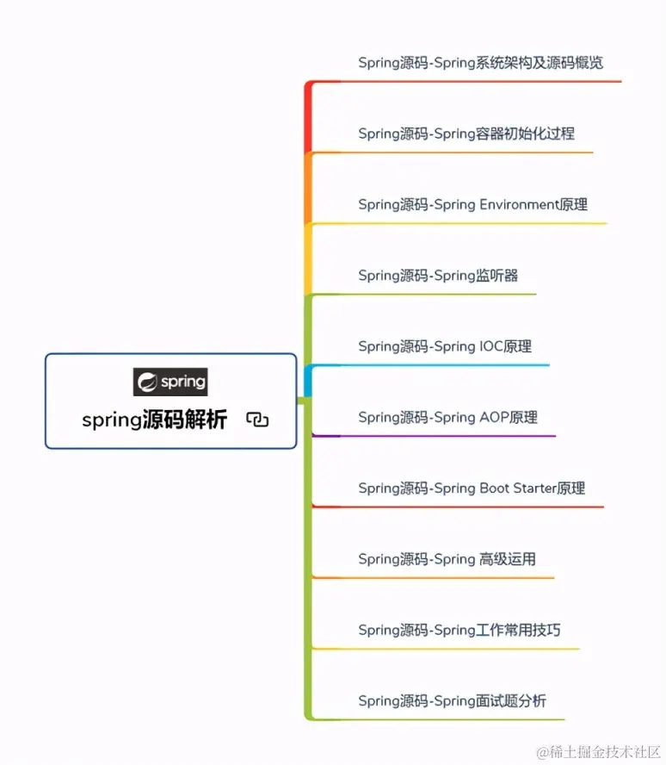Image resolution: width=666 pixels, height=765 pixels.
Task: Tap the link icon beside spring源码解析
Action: [x=257, y=420]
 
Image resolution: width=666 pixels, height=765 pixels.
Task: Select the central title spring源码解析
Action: [x=155, y=420]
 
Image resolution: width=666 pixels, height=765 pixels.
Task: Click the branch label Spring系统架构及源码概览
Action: [x=480, y=63]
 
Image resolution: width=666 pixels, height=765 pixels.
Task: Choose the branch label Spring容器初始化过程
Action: [x=466, y=134]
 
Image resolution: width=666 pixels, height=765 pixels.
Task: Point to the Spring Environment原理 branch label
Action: [x=472, y=205]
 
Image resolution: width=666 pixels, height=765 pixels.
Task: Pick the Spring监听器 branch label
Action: [x=438, y=276]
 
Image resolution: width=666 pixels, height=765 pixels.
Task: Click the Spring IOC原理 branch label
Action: [x=445, y=346]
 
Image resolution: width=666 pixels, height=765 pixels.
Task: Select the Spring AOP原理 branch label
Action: [x=447, y=417]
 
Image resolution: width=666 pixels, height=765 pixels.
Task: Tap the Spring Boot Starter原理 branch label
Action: [x=472, y=488]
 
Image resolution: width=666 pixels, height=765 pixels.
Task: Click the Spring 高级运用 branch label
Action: [x=447, y=559]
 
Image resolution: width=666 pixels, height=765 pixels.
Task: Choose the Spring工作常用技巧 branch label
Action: [x=459, y=630]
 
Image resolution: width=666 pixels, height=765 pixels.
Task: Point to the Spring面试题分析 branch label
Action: [x=452, y=701]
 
